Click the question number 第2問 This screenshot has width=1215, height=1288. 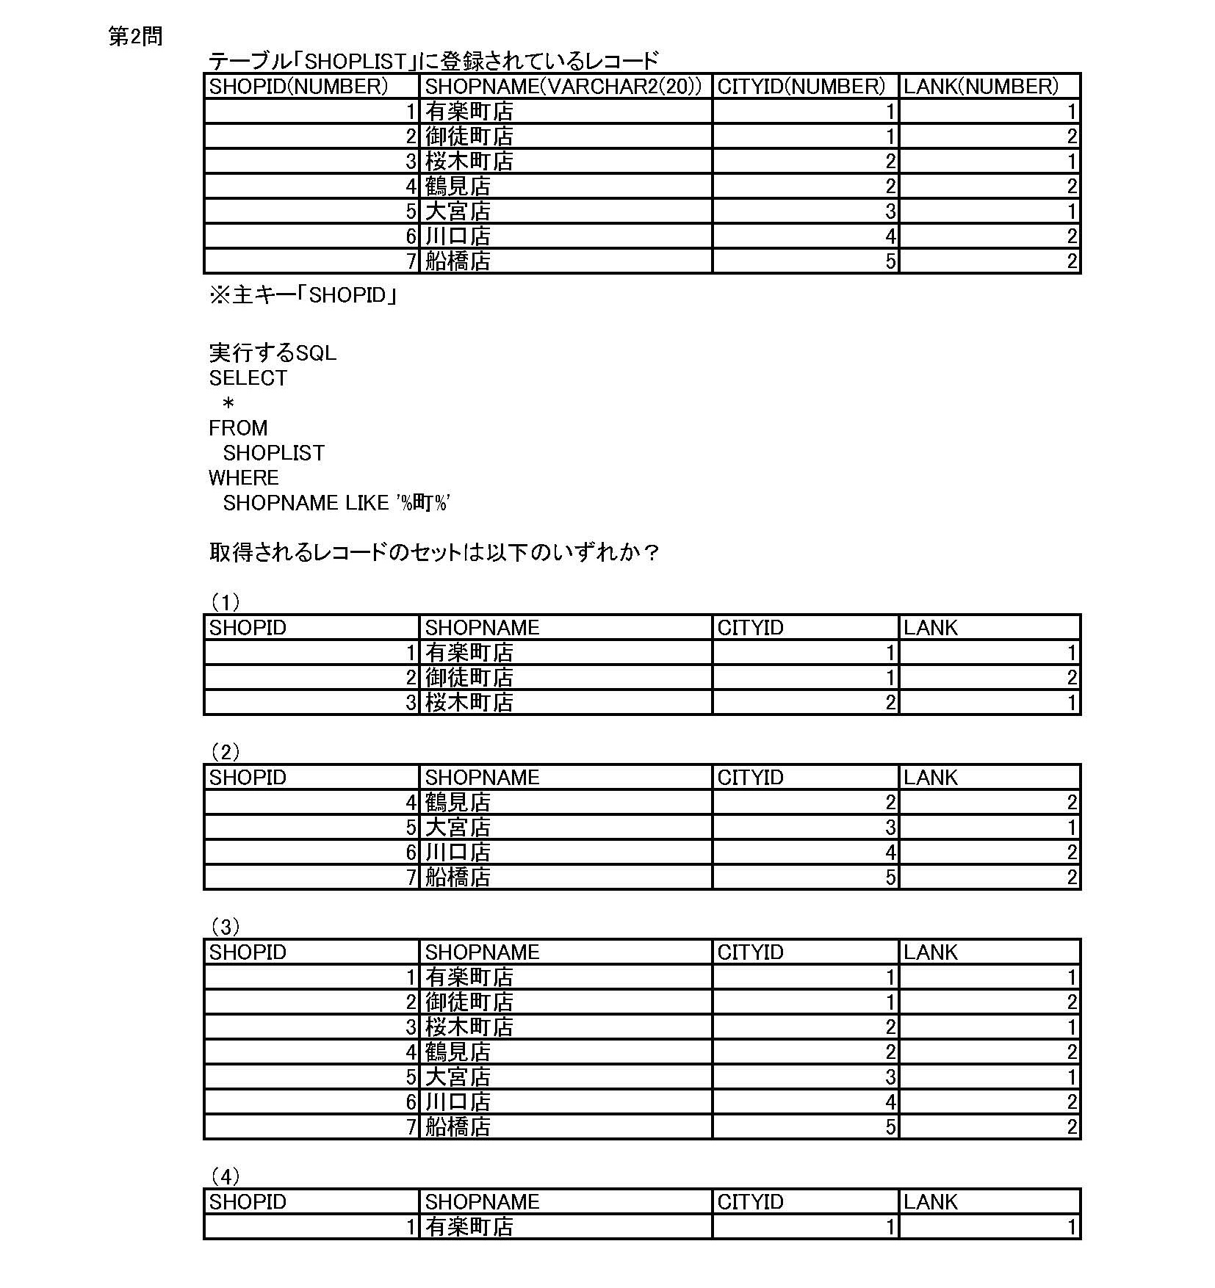click(136, 37)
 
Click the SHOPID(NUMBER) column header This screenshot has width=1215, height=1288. click(298, 87)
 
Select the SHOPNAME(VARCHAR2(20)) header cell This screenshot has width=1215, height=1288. click(563, 87)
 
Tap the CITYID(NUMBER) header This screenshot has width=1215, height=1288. click(801, 87)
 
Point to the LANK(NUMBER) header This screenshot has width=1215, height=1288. click(981, 87)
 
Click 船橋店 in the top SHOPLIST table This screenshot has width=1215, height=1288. click(458, 261)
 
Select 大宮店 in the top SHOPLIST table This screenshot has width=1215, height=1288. click(458, 211)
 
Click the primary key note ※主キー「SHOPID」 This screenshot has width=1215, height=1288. click(303, 295)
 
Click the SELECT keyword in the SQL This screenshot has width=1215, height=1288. click(248, 378)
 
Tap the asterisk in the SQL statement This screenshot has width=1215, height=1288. click(228, 403)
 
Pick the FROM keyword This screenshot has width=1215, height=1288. click(238, 428)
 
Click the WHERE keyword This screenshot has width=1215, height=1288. click(244, 478)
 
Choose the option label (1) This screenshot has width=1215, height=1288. click(226, 603)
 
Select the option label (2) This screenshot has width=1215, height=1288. click(226, 753)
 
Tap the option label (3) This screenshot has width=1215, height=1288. click(226, 927)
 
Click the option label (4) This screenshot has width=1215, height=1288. click(226, 1177)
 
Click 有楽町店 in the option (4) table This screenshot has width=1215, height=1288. click(469, 1227)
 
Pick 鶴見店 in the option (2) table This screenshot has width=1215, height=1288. click(458, 803)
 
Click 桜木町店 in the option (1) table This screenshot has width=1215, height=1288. click(469, 703)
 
